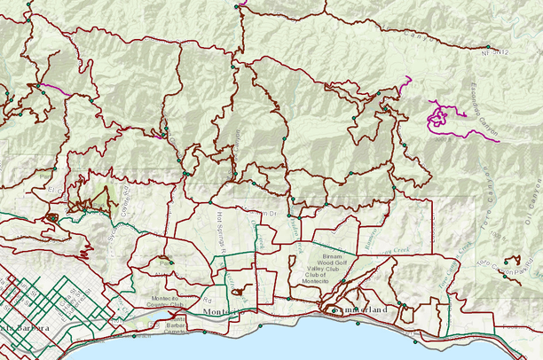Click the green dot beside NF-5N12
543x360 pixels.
point(486,47)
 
